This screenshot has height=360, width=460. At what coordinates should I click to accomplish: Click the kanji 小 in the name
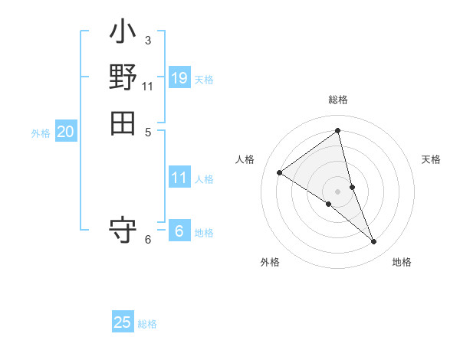pyautogui.click(x=123, y=34)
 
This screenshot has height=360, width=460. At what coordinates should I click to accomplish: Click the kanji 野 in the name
pyautogui.click(x=123, y=77)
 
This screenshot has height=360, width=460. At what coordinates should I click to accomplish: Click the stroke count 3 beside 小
pyautogui.click(x=147, y=40)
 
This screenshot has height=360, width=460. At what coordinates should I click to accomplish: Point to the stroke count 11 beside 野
pyautogui.click(x=147, y=86)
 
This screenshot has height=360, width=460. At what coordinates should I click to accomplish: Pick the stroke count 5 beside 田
pyautogui.click(x=147, y=131)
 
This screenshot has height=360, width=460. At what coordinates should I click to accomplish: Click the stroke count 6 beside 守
pyautogui.click(x=147, y=240)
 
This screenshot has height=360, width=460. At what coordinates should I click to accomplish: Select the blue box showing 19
pyautogui.click(x=179, y=78)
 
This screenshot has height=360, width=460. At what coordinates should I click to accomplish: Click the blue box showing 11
pyautogui.click(x=179, y=178)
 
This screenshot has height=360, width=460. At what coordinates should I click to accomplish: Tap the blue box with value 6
pyautogui.click(x=179, y=231)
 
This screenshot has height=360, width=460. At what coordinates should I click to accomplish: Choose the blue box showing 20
pyautogui.click(x=65, y=132)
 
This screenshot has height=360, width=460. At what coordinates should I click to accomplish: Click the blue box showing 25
pyautogui.click(x=123, y=322)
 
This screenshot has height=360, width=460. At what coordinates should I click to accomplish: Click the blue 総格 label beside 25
pyautogui.click(x=147, y=324)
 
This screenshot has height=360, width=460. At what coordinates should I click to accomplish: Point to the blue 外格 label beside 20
pyautogui.click(x=41, y=133)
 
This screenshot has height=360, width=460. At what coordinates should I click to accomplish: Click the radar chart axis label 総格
pyautogui.click(x=337, y=100)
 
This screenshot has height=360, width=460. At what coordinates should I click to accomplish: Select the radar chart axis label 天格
pyautogui.click(x=432, y=159)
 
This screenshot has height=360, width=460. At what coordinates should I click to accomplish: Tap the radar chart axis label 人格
pyautogui.click(x=245, y=159)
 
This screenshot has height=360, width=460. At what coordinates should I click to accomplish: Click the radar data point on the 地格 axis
pyautogui.click(x=374, y=242)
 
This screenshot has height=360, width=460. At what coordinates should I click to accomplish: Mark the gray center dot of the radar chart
pyautogui.click(x=337, y=191)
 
